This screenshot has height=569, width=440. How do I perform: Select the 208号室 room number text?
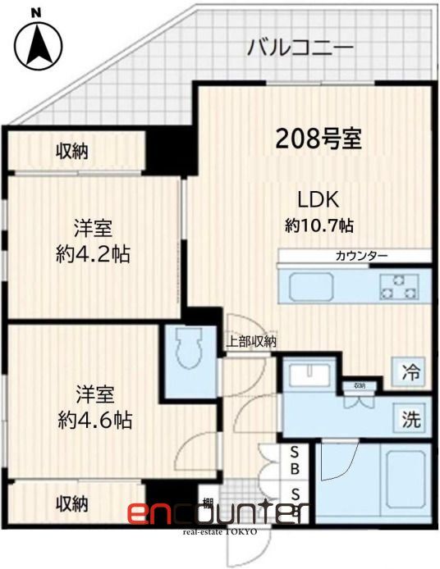(x=319, y=139)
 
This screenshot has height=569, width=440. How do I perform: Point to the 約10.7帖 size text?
(x=320, y=224)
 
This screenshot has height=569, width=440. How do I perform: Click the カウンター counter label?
(x=361, y=257)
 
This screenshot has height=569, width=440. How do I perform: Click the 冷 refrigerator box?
(x=411, y=371)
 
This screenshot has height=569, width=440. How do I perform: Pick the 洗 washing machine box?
(x=411, y=419)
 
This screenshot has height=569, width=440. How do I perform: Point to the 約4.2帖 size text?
(x=91, y=253)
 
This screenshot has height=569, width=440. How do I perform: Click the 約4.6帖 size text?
(x=92, y=421)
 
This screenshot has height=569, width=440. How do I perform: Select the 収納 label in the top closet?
(x=72, y=151)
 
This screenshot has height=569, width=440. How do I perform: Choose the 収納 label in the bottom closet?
(x=72, y=503)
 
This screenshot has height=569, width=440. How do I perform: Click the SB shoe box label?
(x=296, y=461)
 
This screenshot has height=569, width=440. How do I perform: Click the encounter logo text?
(x=217, y=513)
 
